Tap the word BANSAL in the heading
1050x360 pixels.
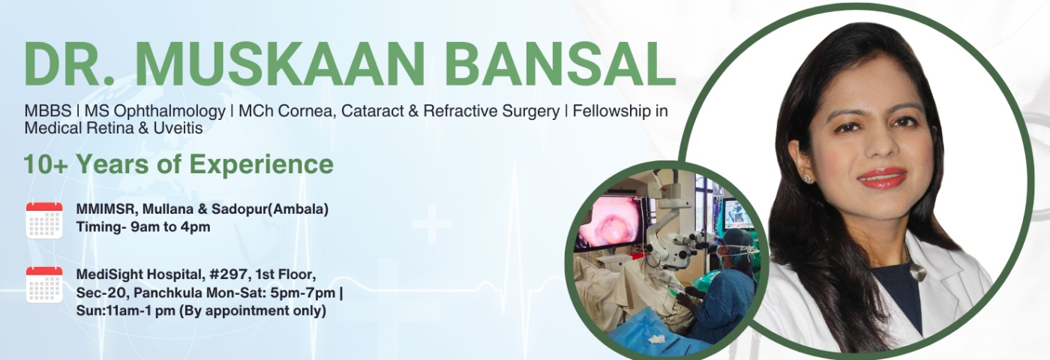(x=559, y=64)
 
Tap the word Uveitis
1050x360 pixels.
(x=178, y=128)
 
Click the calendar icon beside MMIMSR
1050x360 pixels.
(x=44, y=220)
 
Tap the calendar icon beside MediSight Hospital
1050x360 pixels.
(x=44, y=284)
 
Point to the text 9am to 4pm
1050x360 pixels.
(x=170, y=227)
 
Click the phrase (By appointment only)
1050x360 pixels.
(x=253, y=311)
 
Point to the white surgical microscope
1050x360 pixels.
(x=675, y=225)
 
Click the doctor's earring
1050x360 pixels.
(x=808, y=178)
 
